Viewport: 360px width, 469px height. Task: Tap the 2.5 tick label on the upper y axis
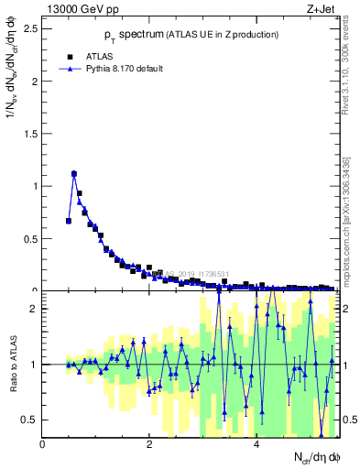pyautogui.click(x=30, y=27)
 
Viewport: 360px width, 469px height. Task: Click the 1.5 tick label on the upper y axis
pyautogui.click(x=30, y=133)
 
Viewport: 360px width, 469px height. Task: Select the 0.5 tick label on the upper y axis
pyautogui.click(x=30, y=238)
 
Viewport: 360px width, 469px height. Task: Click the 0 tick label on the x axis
pyautogui.click(x=42, y=444)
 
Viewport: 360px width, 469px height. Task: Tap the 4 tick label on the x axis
pyautogui.click(x=256, y=444)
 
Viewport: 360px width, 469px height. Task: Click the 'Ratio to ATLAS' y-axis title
pyautogui.click(x=11, y=365)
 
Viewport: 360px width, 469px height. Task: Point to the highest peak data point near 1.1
pyautogui.click(x=74, y=173)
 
